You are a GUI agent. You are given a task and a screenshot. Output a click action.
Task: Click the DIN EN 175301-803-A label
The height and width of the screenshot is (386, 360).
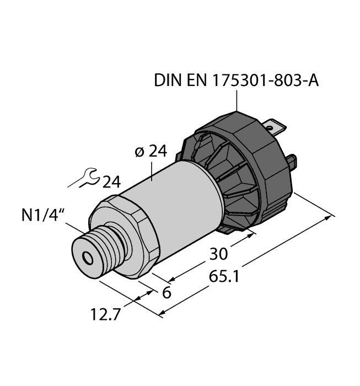[x=237, y=81]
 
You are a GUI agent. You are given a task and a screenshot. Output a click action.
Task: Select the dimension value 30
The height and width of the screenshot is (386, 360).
[x=219, y=254]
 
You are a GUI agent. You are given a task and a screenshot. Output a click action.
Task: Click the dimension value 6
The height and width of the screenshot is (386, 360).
[x=164, y=293]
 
